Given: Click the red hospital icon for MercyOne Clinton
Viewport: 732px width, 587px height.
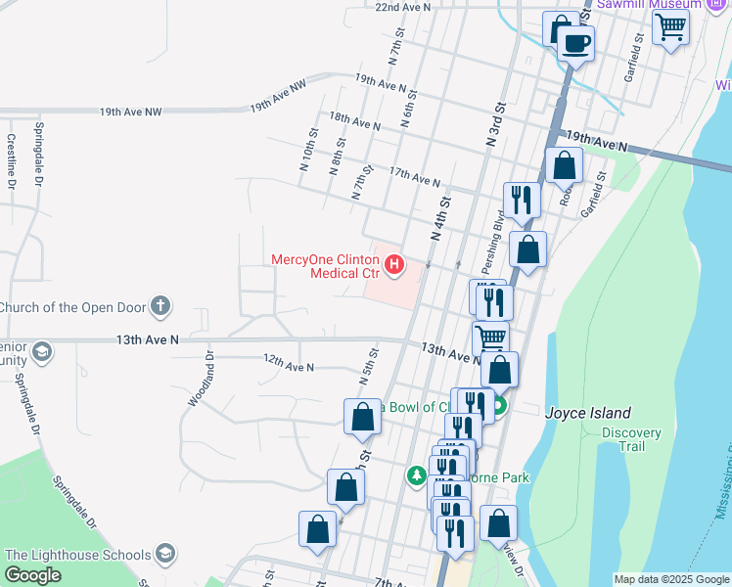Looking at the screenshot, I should (393, 264).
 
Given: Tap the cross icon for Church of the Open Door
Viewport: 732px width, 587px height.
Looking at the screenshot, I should (161, 307).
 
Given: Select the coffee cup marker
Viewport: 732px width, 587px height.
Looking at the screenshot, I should (576, 44).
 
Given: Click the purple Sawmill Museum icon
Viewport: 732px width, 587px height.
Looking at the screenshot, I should (715, 5).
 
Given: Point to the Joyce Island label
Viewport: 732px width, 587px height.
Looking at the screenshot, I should (587, 413).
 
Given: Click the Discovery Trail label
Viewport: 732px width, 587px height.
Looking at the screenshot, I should (630, 439).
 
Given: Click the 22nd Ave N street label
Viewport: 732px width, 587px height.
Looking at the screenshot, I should (403, 7).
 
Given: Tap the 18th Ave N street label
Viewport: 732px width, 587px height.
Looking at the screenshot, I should (354, 120).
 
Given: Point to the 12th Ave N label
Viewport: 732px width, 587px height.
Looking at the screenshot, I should (288, 363).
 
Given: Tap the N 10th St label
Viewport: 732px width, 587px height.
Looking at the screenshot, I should (307, 146).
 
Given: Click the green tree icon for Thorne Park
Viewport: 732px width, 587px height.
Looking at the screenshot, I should (417, 476).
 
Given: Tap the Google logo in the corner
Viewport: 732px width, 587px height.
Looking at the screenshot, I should (33, 575).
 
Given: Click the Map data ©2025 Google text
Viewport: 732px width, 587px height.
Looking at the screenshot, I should (671, 579).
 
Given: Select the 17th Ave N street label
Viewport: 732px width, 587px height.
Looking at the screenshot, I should (414, 178).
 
